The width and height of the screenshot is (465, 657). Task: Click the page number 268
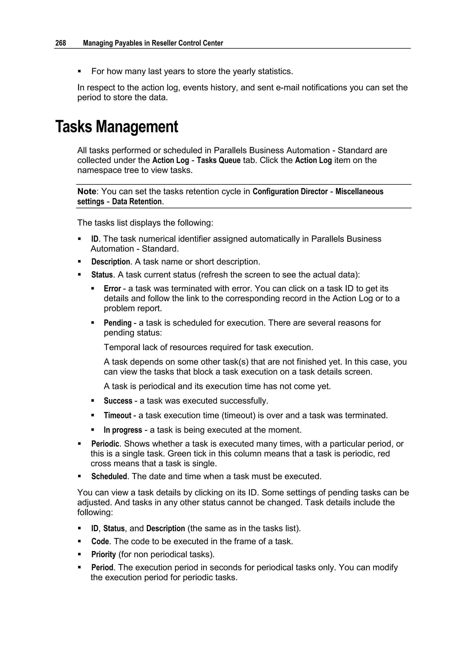point(60,43)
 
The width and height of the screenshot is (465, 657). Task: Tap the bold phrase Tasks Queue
point(218,160)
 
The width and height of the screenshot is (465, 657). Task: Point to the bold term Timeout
point(117,415)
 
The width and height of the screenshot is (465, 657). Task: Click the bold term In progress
point(123,430)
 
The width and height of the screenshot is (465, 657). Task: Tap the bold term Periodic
point(105,444)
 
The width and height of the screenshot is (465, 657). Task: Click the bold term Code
point(100,541)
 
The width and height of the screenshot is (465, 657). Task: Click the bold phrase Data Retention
point(137,202)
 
